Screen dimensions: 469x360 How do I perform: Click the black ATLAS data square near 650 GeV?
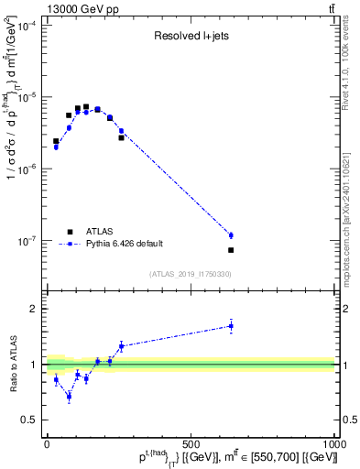pyautogui.click(x=231, y=250)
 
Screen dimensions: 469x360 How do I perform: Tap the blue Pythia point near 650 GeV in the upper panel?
pyautogui.click(x=231, y=235)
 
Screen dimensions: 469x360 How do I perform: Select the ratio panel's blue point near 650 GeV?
pyautogui.click(x=231, y=325)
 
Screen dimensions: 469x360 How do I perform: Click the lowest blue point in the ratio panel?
pyautogui.click(x=69, y=397)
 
